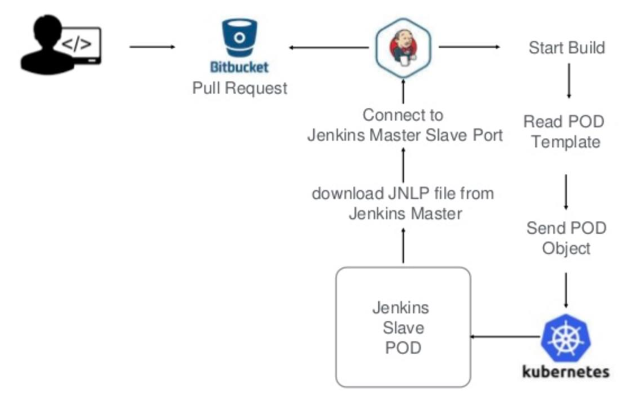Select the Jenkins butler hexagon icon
(403, 47)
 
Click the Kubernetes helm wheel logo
(566, 337)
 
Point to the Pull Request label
(240, 88)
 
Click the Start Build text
(566, 48)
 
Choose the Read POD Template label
(565, 132)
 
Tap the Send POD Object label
(566, 238)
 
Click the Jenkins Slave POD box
(403, 327)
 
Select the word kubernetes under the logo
(566, 371)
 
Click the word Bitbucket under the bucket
(240, 67)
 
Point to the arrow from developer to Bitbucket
(152, 47)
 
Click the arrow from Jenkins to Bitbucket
(329, 48)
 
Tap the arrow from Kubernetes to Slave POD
(505, 337)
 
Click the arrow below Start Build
(569, 81)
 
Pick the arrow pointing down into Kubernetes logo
(566, 290)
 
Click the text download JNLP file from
(403, 193)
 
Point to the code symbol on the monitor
(76, 43)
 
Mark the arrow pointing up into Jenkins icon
(403, 91)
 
